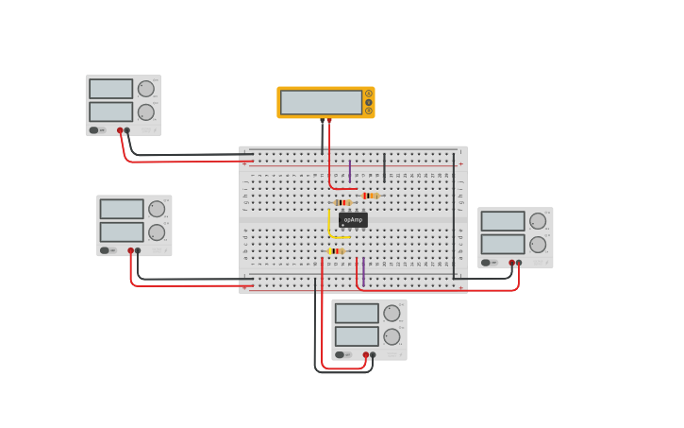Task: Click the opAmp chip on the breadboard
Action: pyautogui.click(x=353, y=219)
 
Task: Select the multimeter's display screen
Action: pyautogui.click(x=322, y=102)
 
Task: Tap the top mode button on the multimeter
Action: pyautogui.click(x=369, y=94)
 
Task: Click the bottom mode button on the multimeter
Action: pyautogui.click(x=369, y=111)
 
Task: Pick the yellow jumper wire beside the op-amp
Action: pyautogui.click(x=329, y=224)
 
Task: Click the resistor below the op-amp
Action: pyautogui.click(x=336, y=251)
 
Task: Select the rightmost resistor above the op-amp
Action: pyautogui.click(x=370, y=196)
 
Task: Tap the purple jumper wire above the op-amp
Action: pyautogui.click(x=350, y=171)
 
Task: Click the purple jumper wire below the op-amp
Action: pyautogui.click(x=363, y=270)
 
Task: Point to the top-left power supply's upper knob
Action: pyautogui.click(x=145, y=89)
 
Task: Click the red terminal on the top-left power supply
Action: pyautogui.click(x=120, y=130)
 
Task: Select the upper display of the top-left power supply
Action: pyautogui.click(x=111, y=89)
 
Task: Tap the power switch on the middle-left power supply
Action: pyautogui.click(x=106, y=250)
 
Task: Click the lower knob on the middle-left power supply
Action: pyautogui.click(x=157, y=232)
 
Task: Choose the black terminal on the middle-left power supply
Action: pyautogui.click(x=138, y=250)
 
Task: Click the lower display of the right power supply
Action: pyautogui.click(x=503, y=244)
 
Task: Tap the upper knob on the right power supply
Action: pyautogui.click(x=538, y=221)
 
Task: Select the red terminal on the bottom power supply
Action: pyautogui.click(x=366, y=355)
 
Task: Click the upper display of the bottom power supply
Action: pyautogui.click(x=357, y=313)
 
